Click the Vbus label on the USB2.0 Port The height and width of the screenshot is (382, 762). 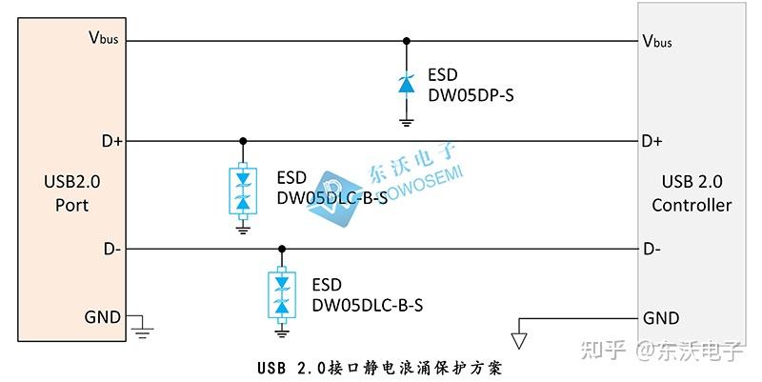coord(103,39)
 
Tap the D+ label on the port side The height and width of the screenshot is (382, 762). coord(111,141)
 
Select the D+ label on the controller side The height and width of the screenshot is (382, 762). coord(652,141)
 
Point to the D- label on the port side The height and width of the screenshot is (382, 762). coord(111,250)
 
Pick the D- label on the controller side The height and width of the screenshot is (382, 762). coord(652,250)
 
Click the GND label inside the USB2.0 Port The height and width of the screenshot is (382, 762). coord(103,316)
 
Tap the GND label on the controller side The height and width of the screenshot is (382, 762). coord(661,317)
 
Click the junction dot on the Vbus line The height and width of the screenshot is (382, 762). coord(407,41)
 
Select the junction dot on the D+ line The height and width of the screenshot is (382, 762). coord(243,141)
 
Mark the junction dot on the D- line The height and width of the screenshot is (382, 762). coord(281,250)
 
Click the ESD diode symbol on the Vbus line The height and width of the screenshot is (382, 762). coord(407,85)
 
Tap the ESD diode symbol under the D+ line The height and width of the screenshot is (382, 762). coord(243,189)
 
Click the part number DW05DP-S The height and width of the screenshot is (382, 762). coord(471,95)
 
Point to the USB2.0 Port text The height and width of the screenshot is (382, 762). coord(66,193)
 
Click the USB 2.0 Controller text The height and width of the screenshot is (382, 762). coord(692,193)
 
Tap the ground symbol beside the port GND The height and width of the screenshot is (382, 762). coord(143,330)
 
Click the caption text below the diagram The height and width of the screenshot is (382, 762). coord(378,366)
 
